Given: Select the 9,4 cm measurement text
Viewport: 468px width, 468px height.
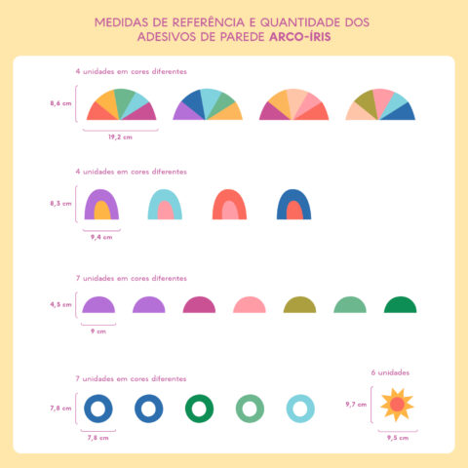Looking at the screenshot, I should click(x=101, y=236).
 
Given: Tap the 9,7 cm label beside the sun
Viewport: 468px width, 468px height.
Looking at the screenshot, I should click(x=356, y=404).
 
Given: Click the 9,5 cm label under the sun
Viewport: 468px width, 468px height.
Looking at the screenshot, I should click(x=397, y=438).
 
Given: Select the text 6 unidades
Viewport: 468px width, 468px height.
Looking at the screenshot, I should click(x=391, y=372).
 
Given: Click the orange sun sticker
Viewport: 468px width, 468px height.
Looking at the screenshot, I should click(x=397, y=404).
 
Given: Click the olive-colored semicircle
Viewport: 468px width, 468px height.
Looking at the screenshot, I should click(x=300, y=305).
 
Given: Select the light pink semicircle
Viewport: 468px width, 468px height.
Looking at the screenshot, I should click(x=250, y=305).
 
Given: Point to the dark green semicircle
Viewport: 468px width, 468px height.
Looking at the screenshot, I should click(x=401, y=305).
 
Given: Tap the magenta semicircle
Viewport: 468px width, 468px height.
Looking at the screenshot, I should click(x=199, y=305).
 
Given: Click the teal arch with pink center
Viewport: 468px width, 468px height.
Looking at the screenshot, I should click(x=164, y=205).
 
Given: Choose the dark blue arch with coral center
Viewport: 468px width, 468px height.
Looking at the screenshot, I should click(x=292, y=205).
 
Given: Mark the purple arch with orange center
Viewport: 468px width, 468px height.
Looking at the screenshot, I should click(x=101, y=205).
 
